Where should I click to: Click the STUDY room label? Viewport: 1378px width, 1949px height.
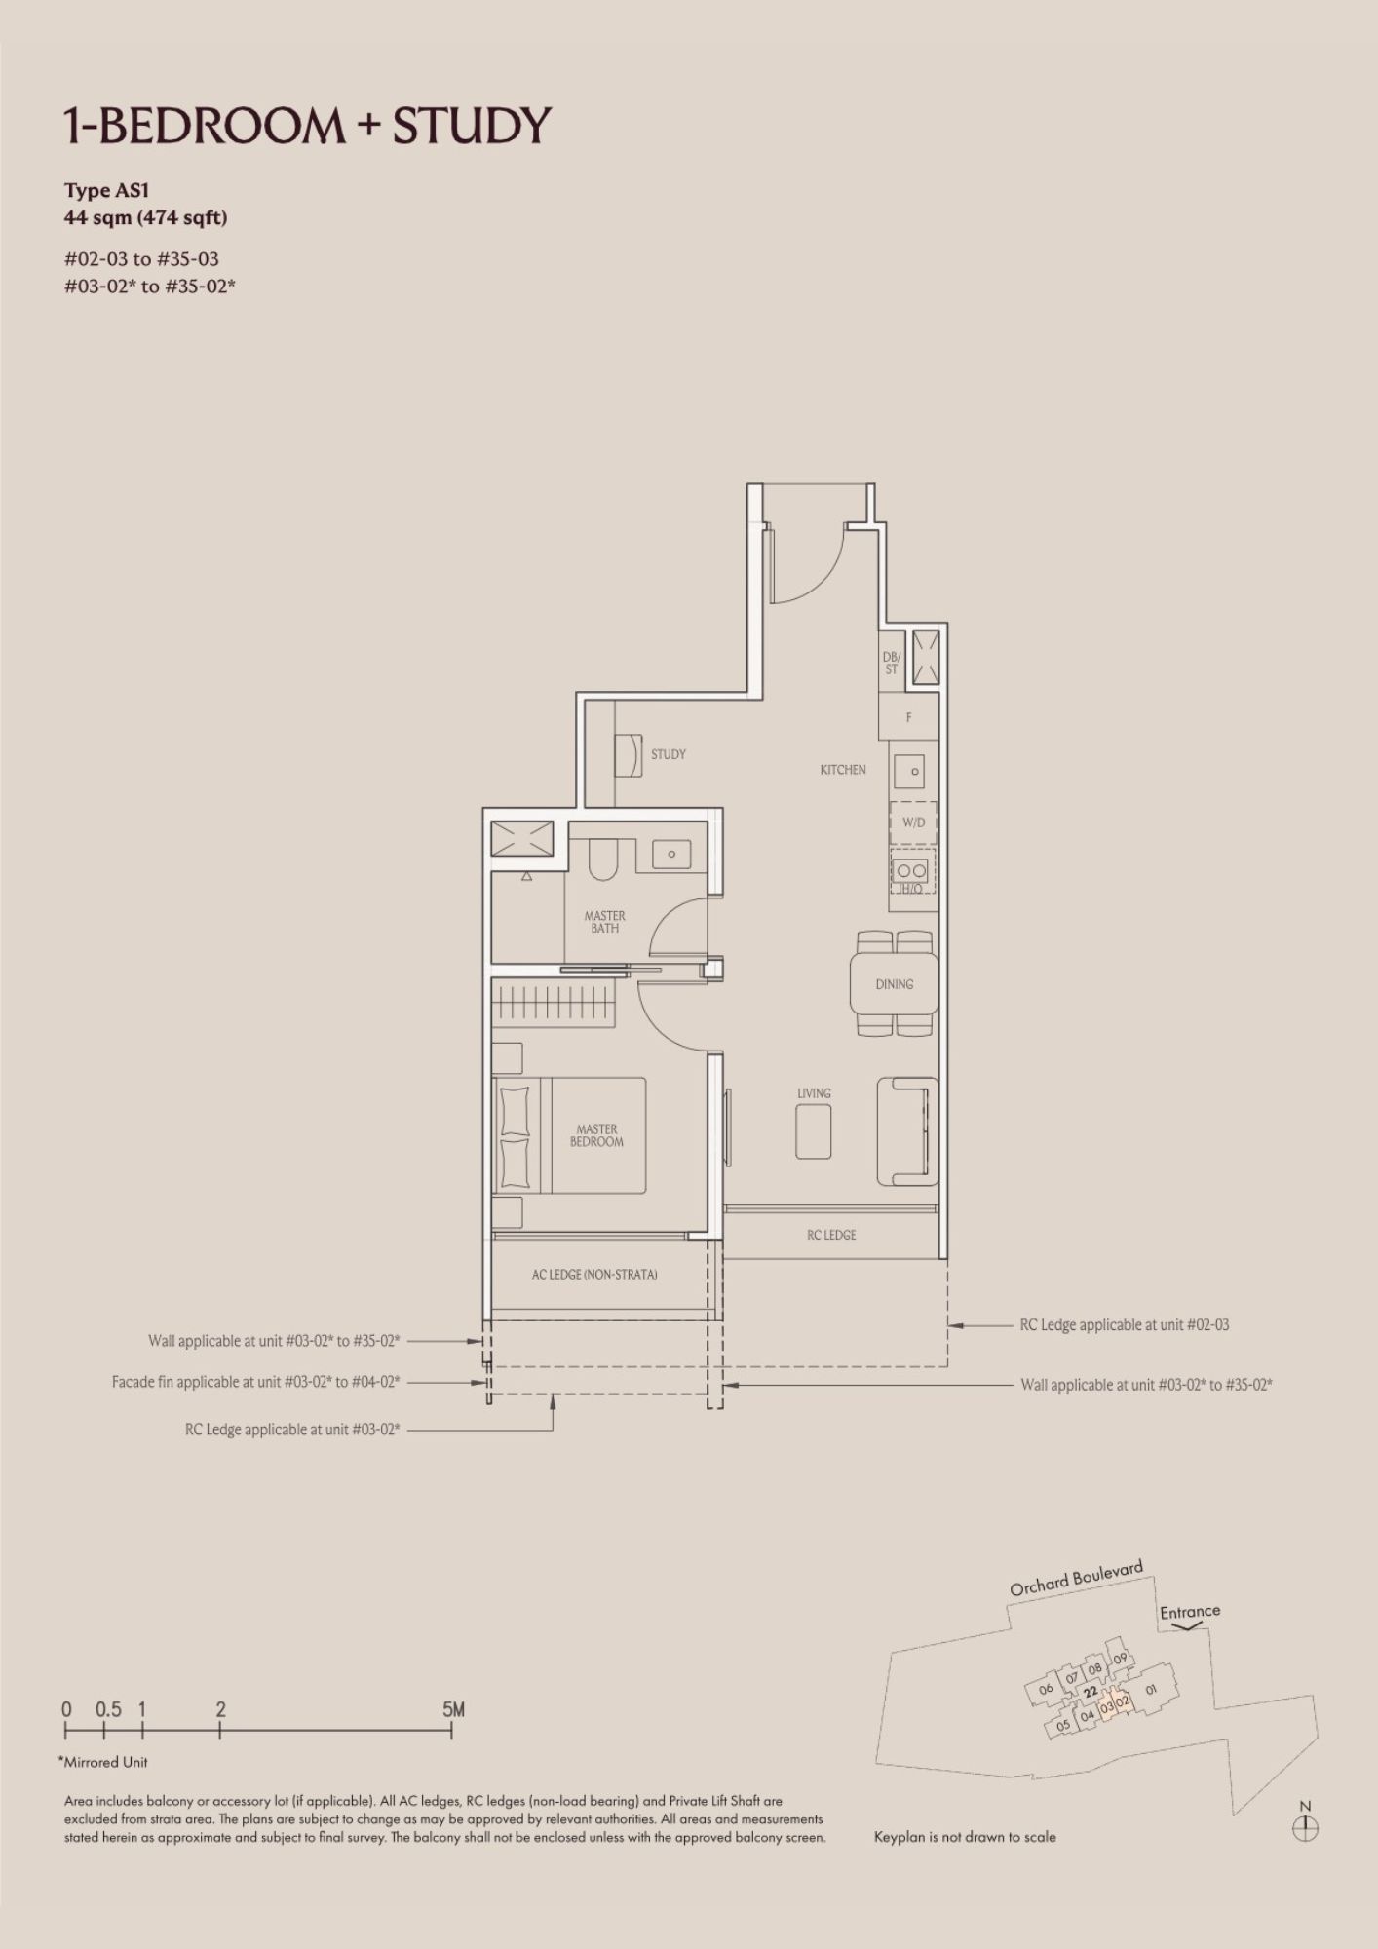pyautogui.click(x=668, y=754)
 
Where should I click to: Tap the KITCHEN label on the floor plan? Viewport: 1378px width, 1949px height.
pyautogui.click(x=843, y=770)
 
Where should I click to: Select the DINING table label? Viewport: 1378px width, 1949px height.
pyautogui.click(x=894, y=984)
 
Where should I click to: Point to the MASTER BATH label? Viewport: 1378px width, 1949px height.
pyautogui.click(x=604, y=922)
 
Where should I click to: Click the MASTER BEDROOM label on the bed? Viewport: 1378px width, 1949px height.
pyautogui.click(x=596, y=1135)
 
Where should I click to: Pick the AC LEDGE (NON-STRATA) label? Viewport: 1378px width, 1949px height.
pyautogui.click(x=594, y=1274)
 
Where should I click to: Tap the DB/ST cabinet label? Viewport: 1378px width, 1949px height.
pyautogui.click(x=891, y=664)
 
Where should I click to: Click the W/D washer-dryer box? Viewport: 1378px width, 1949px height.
pyautogui.click(x=913, y=822)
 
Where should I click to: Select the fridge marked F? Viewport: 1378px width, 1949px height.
pyautogui.click(x=908, y=717)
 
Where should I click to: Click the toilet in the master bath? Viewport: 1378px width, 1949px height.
pyautogui.click(x=603, y=857)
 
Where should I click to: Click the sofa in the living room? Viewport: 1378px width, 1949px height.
pyautogui.click(x=907, y=1131)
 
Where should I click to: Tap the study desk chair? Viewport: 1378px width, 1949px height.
pyautogui.click(x=631, y=755)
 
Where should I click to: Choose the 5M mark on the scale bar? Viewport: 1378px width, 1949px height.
pyautogui.click(x=453, y=1709)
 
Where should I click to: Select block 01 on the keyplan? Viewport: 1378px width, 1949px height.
pyautogui.click(x=1151, y=1690)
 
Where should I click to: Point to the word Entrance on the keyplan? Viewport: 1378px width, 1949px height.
pyautogui.click(x=1190, y=1612)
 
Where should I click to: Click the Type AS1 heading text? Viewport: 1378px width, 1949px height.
pyautogui.click(x=106, y=190)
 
